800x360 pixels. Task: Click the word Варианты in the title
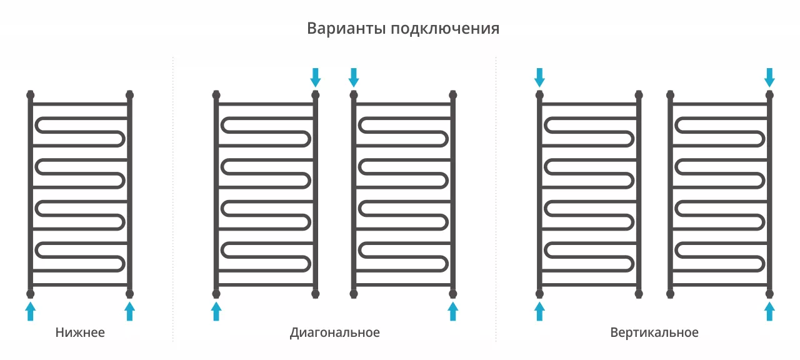coord(346,29)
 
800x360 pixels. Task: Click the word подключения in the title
coord(445,29)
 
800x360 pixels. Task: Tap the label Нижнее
coord(80,332)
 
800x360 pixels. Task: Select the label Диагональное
coord(334,333)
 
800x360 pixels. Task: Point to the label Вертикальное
coord(654,333)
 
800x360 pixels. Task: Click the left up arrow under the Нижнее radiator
coord(31,311)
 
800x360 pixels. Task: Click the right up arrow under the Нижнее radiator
coord(129,311)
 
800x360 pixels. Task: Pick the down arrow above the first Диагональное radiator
coord(316,77)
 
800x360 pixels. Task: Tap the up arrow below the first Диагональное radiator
coord(216,311)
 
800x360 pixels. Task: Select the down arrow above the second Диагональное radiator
coord(354,77)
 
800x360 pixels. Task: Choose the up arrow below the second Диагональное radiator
coord(453,311)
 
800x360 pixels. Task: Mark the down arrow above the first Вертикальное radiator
coord(539,77)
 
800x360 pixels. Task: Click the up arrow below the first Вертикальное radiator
coord(539,311)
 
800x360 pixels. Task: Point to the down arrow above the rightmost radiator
coord(769,77)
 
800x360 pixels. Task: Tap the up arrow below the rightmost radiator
coord(769,311)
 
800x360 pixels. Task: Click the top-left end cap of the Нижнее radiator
coord(31,94)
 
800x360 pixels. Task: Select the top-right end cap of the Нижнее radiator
coord(129,94)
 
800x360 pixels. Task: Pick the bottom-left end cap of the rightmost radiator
coord(671,294)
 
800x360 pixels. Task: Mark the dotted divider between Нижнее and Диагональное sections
coord(173,199)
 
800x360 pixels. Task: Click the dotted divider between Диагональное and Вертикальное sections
coord(496,199)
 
